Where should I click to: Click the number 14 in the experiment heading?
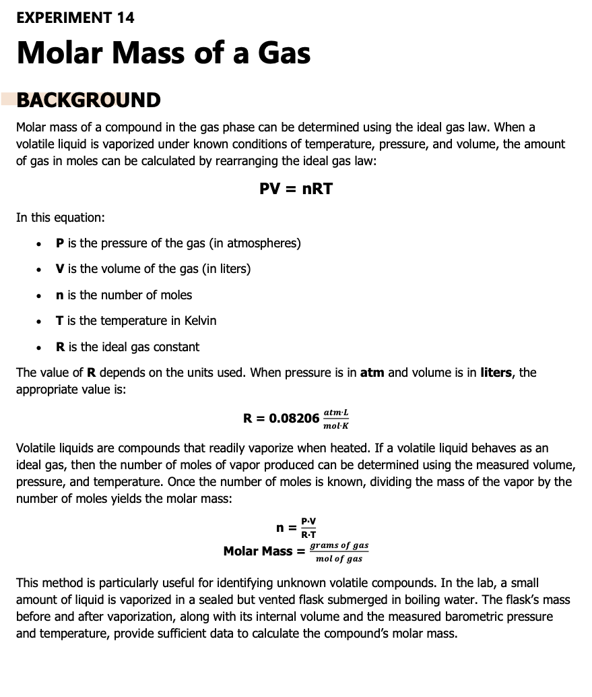125,18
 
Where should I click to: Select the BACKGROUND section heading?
88,100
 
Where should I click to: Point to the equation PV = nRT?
296,189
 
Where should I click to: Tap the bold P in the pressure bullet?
60,243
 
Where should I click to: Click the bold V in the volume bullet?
60,269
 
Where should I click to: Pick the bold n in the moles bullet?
61,295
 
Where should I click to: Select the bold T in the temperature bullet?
60,321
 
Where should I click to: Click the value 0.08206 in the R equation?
294,418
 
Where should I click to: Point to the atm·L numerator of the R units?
336,412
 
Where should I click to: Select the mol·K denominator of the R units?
336,426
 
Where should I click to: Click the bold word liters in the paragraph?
497,373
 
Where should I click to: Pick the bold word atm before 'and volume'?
372,373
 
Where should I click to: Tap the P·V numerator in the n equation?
308,520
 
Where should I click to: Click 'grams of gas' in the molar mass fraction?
339,545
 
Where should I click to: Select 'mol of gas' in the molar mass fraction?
339,559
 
